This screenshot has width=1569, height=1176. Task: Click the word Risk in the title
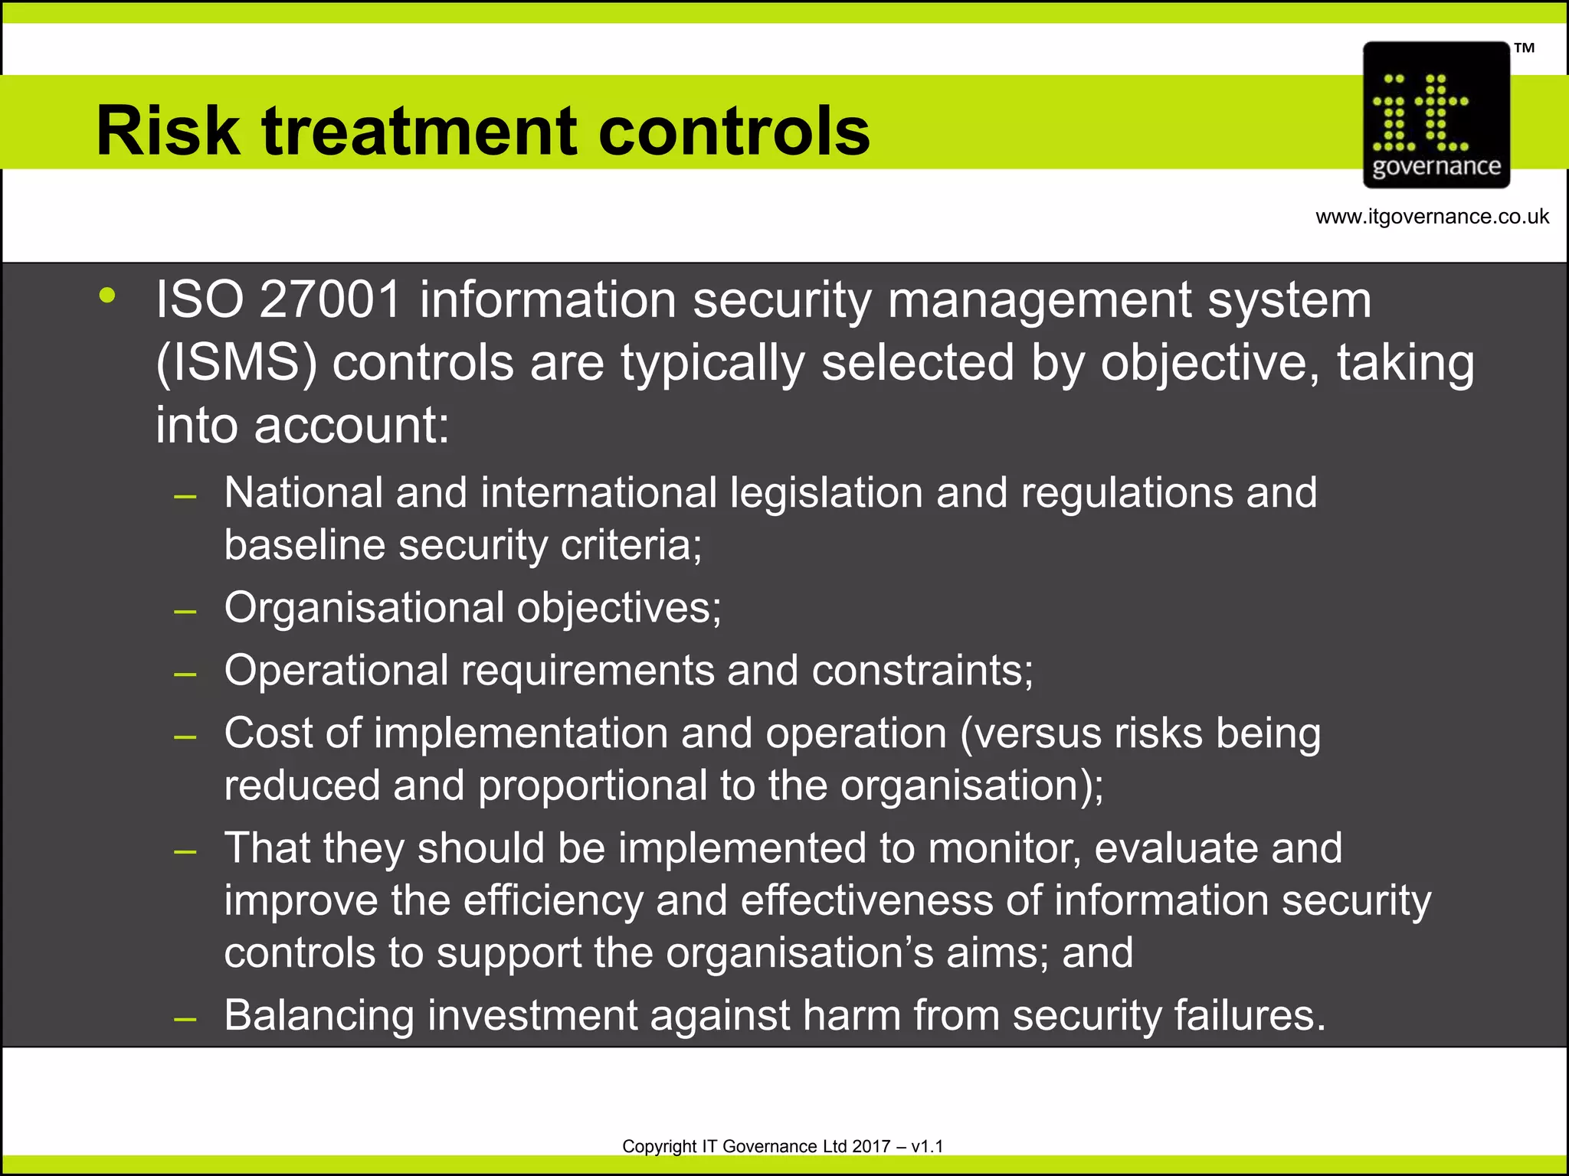(168, 131)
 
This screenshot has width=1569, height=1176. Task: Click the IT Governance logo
(1436, 116)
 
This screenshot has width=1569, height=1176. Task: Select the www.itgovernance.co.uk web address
(1432, 217)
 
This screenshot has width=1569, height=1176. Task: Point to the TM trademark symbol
(1524, 48)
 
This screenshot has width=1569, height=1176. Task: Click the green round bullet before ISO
(107, 296)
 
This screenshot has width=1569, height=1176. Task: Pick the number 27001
(330, 299)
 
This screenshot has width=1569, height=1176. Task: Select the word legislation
(826, 494)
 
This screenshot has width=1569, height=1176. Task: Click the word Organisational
(364, 608)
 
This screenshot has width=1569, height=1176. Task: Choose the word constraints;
(922, 671)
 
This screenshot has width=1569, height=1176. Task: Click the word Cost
(269, 733)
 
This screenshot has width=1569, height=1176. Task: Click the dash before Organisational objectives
(185, 612)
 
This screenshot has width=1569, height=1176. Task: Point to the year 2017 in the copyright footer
(871, 1146)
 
